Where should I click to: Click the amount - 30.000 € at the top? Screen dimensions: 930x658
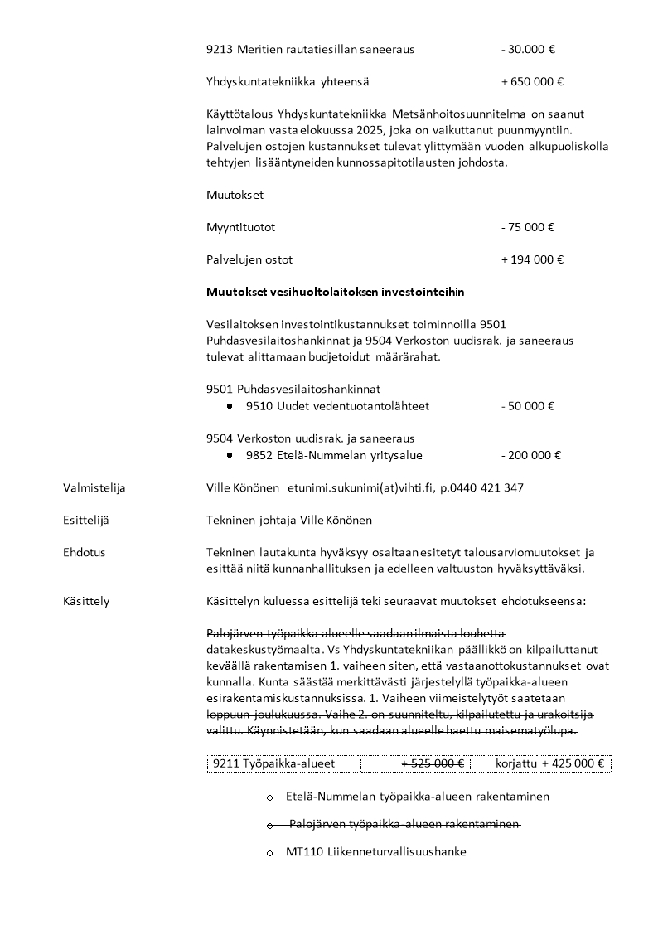(528, 49)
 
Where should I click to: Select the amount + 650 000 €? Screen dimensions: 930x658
(532, 81)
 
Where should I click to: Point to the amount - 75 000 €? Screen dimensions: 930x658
(528, 227)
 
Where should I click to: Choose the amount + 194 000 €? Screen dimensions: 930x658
(532, 259)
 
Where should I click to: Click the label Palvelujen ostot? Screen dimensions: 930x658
(249, 259)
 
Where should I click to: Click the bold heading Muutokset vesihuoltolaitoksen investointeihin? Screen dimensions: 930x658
(335, 292)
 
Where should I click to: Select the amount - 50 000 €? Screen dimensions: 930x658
(528, 406)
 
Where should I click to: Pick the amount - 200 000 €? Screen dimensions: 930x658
(531, 455)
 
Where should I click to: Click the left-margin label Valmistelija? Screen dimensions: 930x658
(94, 487)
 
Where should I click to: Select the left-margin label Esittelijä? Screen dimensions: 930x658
(86, 520)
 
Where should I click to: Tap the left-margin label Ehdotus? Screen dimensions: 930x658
(85, 552)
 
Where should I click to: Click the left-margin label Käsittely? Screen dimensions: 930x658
(86, 601)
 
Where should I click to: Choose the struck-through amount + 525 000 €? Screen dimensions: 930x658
(433, 763)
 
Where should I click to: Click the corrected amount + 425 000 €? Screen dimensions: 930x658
(573, 763)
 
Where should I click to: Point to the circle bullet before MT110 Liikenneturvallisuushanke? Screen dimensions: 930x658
(270, 852)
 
